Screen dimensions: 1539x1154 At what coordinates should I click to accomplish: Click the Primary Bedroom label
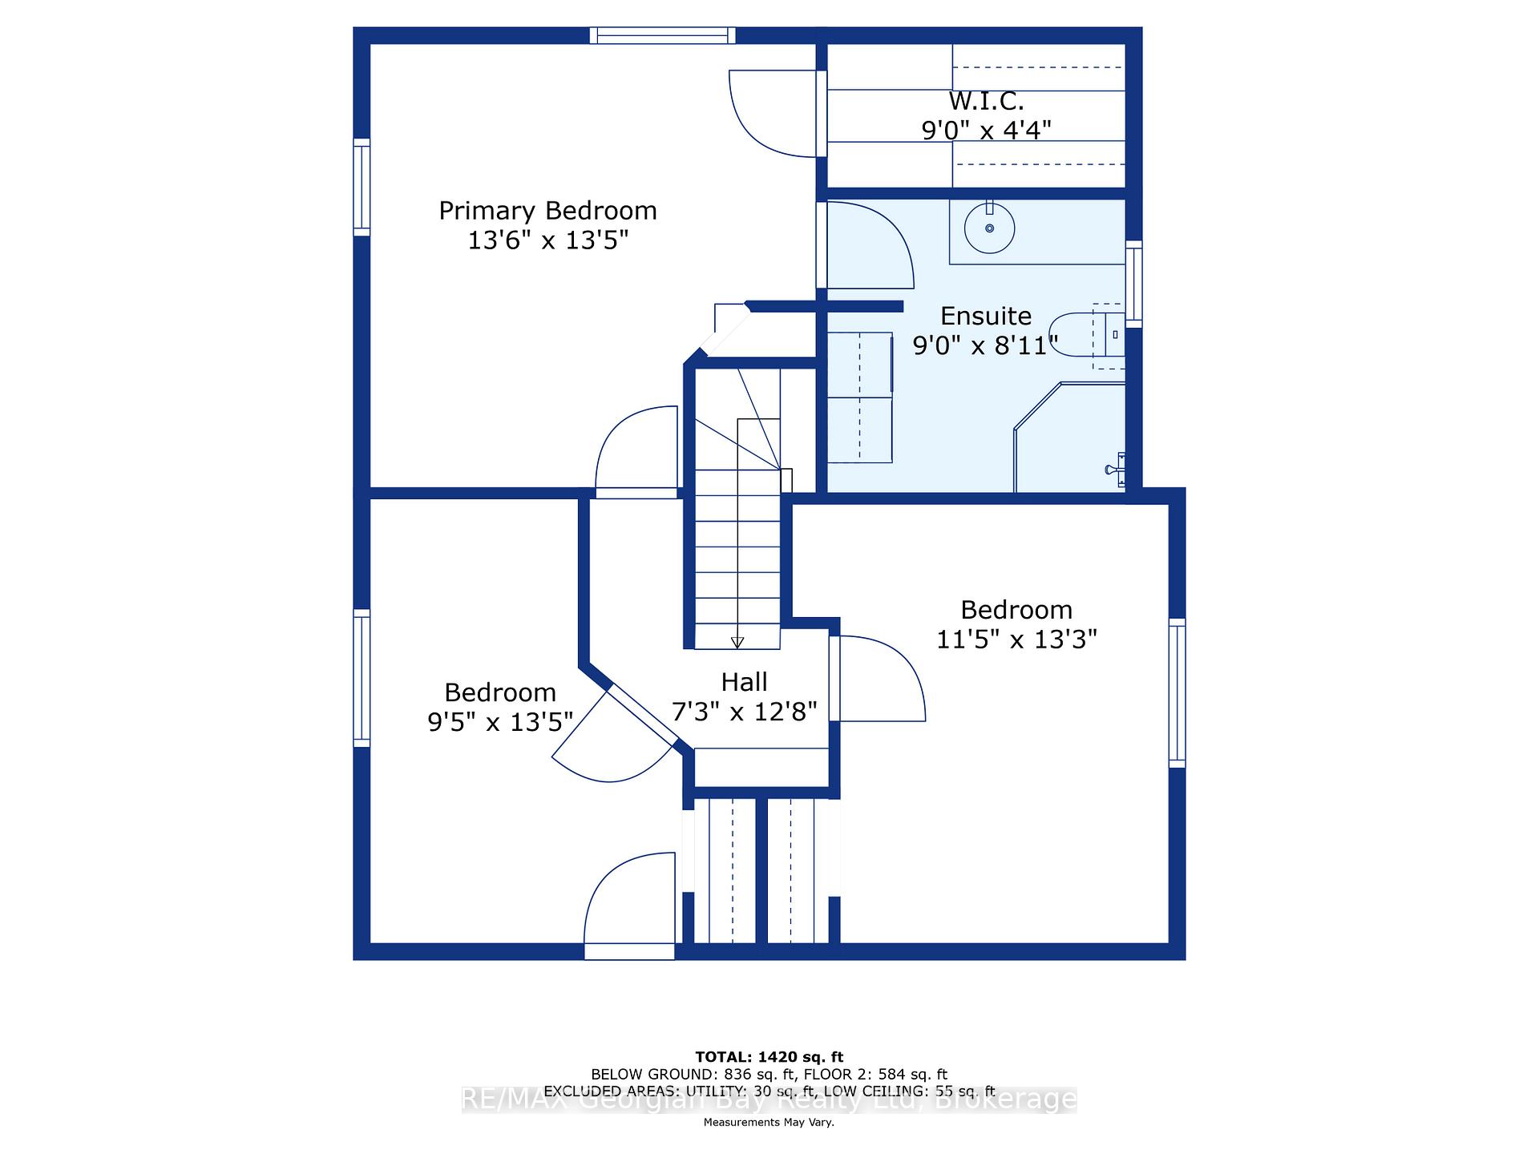[547, 211]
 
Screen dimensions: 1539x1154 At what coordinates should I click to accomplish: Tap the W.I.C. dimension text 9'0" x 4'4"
[986, 130]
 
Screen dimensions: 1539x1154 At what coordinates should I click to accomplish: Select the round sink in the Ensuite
[990, 228]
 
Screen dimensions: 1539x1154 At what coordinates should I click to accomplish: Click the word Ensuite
[986, 316]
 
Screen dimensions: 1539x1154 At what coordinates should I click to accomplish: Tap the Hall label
[744, 682]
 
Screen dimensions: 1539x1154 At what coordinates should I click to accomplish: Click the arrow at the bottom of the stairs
[737, 642]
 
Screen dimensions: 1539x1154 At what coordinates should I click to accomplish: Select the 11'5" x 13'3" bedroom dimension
[1016, 640]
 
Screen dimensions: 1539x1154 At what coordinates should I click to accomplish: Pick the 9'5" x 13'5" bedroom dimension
[500, 722]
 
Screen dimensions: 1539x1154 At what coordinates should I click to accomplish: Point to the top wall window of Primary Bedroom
[663, 35]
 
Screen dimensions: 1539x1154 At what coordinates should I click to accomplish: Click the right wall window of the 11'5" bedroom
[1177, 693]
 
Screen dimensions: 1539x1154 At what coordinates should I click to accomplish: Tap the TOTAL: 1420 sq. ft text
[769, 1057]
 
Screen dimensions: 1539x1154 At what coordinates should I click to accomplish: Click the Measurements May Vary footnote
[769, 1122]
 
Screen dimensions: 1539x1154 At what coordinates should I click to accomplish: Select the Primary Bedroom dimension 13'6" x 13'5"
[548, 240]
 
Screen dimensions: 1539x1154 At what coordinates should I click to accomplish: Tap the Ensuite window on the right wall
[1133, 284]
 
